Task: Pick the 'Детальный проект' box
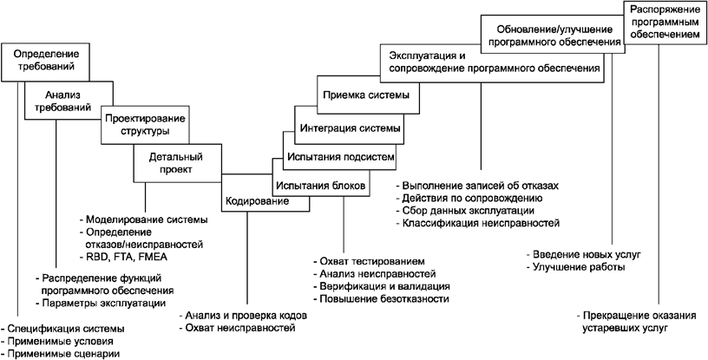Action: point(174,162)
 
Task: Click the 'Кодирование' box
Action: point(258,199)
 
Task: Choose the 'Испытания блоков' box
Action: point(323,185)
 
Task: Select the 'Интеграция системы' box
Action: point(350,128)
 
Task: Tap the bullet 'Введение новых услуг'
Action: point(583,255)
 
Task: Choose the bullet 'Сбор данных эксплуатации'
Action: point(468,211)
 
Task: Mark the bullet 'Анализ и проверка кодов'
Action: point(245,315)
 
